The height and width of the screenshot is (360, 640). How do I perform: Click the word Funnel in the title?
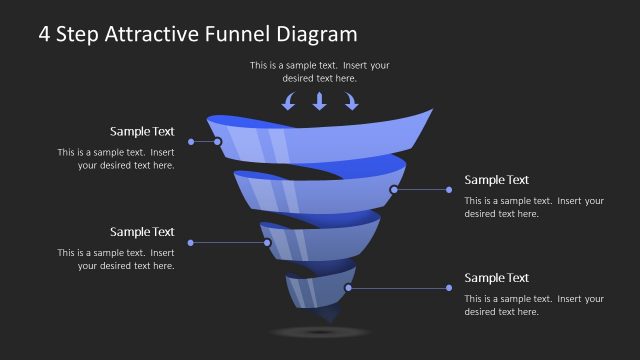243,34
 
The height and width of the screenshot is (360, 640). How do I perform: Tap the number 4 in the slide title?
45,34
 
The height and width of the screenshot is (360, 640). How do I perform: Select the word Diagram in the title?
317,34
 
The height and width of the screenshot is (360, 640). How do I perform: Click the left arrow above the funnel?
289,100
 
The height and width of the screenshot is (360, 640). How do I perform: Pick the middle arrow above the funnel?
320,100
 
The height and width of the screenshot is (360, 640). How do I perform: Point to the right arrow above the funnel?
351,100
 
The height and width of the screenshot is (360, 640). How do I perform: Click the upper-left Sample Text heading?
142,131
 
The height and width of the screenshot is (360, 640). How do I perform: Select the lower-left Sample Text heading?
142,232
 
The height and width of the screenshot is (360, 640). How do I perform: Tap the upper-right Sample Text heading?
497,180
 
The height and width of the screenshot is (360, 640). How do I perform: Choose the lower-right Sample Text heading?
497,278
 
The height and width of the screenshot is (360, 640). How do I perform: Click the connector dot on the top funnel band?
218,142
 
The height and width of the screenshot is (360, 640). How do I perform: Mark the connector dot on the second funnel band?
394,189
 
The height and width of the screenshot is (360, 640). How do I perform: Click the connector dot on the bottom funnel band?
348,288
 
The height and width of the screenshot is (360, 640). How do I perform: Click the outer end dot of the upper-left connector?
190,142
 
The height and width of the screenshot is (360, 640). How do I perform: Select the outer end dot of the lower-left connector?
190,242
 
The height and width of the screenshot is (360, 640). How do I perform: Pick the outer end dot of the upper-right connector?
452,189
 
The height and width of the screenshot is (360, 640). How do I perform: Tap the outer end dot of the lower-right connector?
452,288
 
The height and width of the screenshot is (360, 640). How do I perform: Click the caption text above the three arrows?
320,71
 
